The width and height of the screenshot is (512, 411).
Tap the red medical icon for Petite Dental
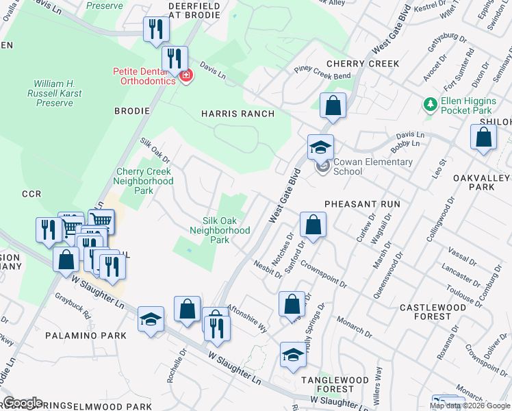click(184, 75)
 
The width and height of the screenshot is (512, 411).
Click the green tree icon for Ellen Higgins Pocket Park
click(430, 104)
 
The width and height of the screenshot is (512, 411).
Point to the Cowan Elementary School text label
click(373, 166)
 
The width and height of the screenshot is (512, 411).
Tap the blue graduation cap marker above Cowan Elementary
click(320, 147)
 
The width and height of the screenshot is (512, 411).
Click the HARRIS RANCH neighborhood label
click(238, 114)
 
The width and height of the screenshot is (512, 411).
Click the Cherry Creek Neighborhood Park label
click(144, 181)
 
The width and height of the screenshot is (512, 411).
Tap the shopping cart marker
click(101, 221)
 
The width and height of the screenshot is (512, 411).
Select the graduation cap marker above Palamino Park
click(151, 319)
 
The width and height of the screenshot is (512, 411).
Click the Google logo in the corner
click(22, 403)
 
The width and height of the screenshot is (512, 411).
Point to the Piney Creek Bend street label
click(322, 72)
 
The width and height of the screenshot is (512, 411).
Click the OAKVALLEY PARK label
click(483, 182)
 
